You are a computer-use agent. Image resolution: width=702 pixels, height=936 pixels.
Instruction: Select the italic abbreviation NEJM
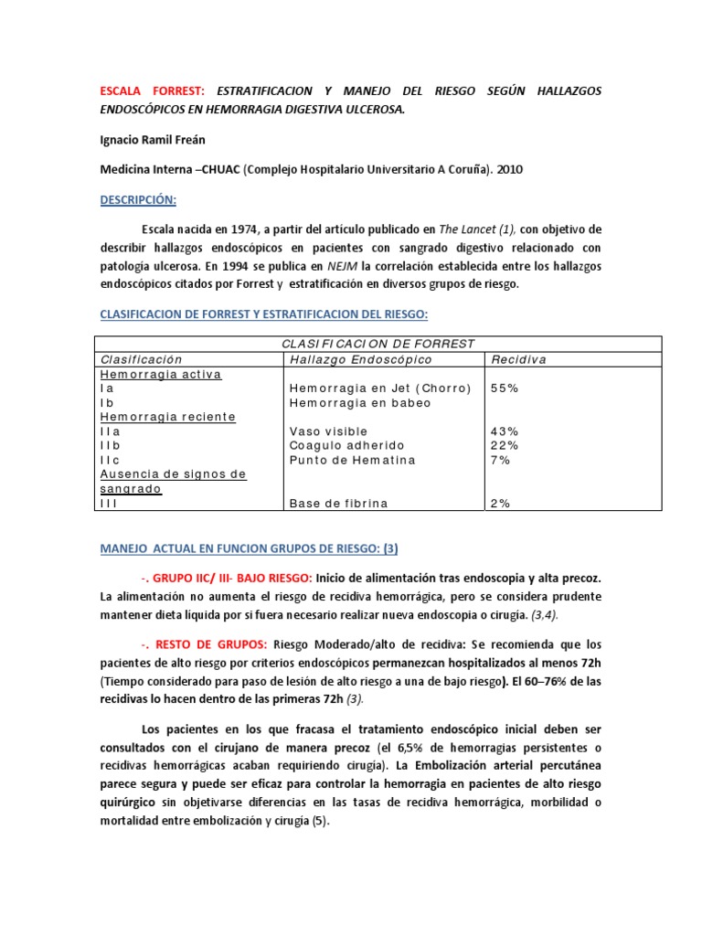(342, 266)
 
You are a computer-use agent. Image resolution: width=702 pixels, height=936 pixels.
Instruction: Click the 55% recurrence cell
(505, 388)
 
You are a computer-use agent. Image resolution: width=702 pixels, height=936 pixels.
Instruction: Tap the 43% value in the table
(505, 431)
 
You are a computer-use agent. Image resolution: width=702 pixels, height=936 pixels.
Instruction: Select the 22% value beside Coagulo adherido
(505, 445)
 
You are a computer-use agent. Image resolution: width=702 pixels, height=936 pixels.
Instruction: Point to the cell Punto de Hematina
(352, 460)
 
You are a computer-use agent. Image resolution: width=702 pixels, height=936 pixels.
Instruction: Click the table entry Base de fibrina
(338, 503)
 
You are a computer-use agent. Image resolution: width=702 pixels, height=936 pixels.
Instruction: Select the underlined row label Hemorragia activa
(161, 374)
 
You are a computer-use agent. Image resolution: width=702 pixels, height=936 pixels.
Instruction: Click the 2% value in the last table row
(501, 503)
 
